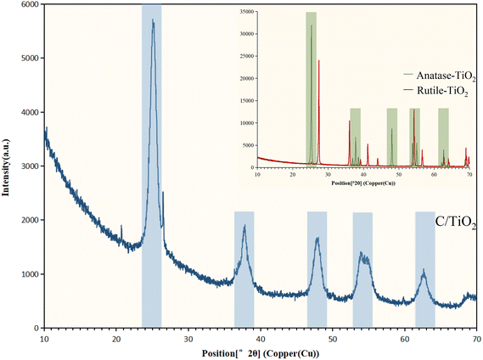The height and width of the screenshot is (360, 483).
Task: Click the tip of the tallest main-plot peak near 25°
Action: (153, 20)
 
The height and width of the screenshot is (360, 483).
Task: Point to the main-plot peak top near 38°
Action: (244, 226)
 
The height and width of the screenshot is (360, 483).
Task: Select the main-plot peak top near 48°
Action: (317, 238)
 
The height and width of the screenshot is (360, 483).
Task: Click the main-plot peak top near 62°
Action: (424, 271)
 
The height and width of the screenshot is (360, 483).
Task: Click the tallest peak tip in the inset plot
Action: (312, 25)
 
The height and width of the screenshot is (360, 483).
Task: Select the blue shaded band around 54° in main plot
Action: (362, 269)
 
